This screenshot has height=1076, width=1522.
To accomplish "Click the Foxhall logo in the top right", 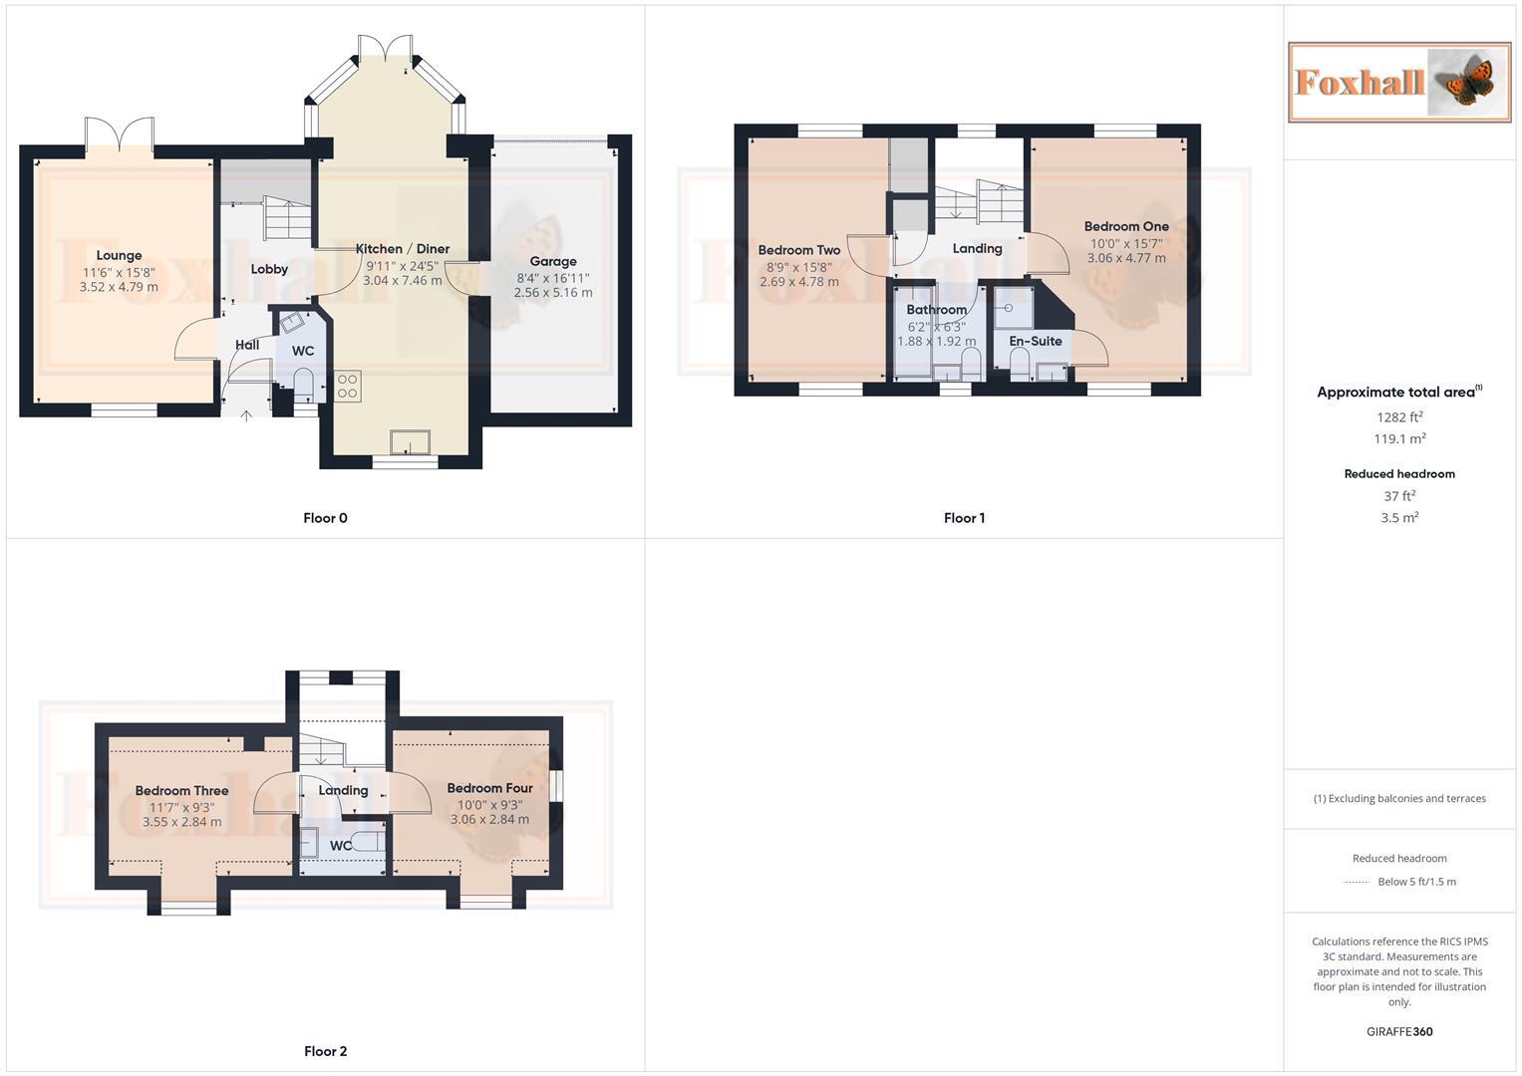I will coord(1398,82).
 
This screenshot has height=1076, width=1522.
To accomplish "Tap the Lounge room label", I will coord(119,256).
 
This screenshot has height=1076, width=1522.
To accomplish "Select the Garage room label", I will coord(553,262).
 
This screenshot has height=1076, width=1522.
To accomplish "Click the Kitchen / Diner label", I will coord(403,249).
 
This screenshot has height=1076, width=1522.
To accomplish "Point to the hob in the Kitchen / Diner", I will coord(348,386).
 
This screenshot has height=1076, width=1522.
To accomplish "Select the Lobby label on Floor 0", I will coord(269,269).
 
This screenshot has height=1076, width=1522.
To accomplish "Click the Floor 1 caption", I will coord(964,518).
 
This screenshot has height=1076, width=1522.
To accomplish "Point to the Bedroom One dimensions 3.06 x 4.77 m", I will coord(1126,258).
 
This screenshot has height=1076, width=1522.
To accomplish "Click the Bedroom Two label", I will coord(798,251).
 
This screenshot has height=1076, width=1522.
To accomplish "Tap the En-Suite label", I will coord(1036,342).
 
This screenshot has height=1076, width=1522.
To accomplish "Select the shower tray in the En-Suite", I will coord(1013,307).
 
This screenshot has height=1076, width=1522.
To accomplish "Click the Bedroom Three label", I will coord(182,791).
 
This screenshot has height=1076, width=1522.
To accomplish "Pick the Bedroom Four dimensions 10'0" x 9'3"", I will coord(489,805).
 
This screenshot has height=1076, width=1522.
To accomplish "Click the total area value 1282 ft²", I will coord(1399,417).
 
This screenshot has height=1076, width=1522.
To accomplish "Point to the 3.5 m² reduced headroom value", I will coord(1399,518).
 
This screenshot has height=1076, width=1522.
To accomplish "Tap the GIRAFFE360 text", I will coord(1399,1032).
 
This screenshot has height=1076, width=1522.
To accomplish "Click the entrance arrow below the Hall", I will coord(246,414).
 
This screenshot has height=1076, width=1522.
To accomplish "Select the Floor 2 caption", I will coord(326,1051).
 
